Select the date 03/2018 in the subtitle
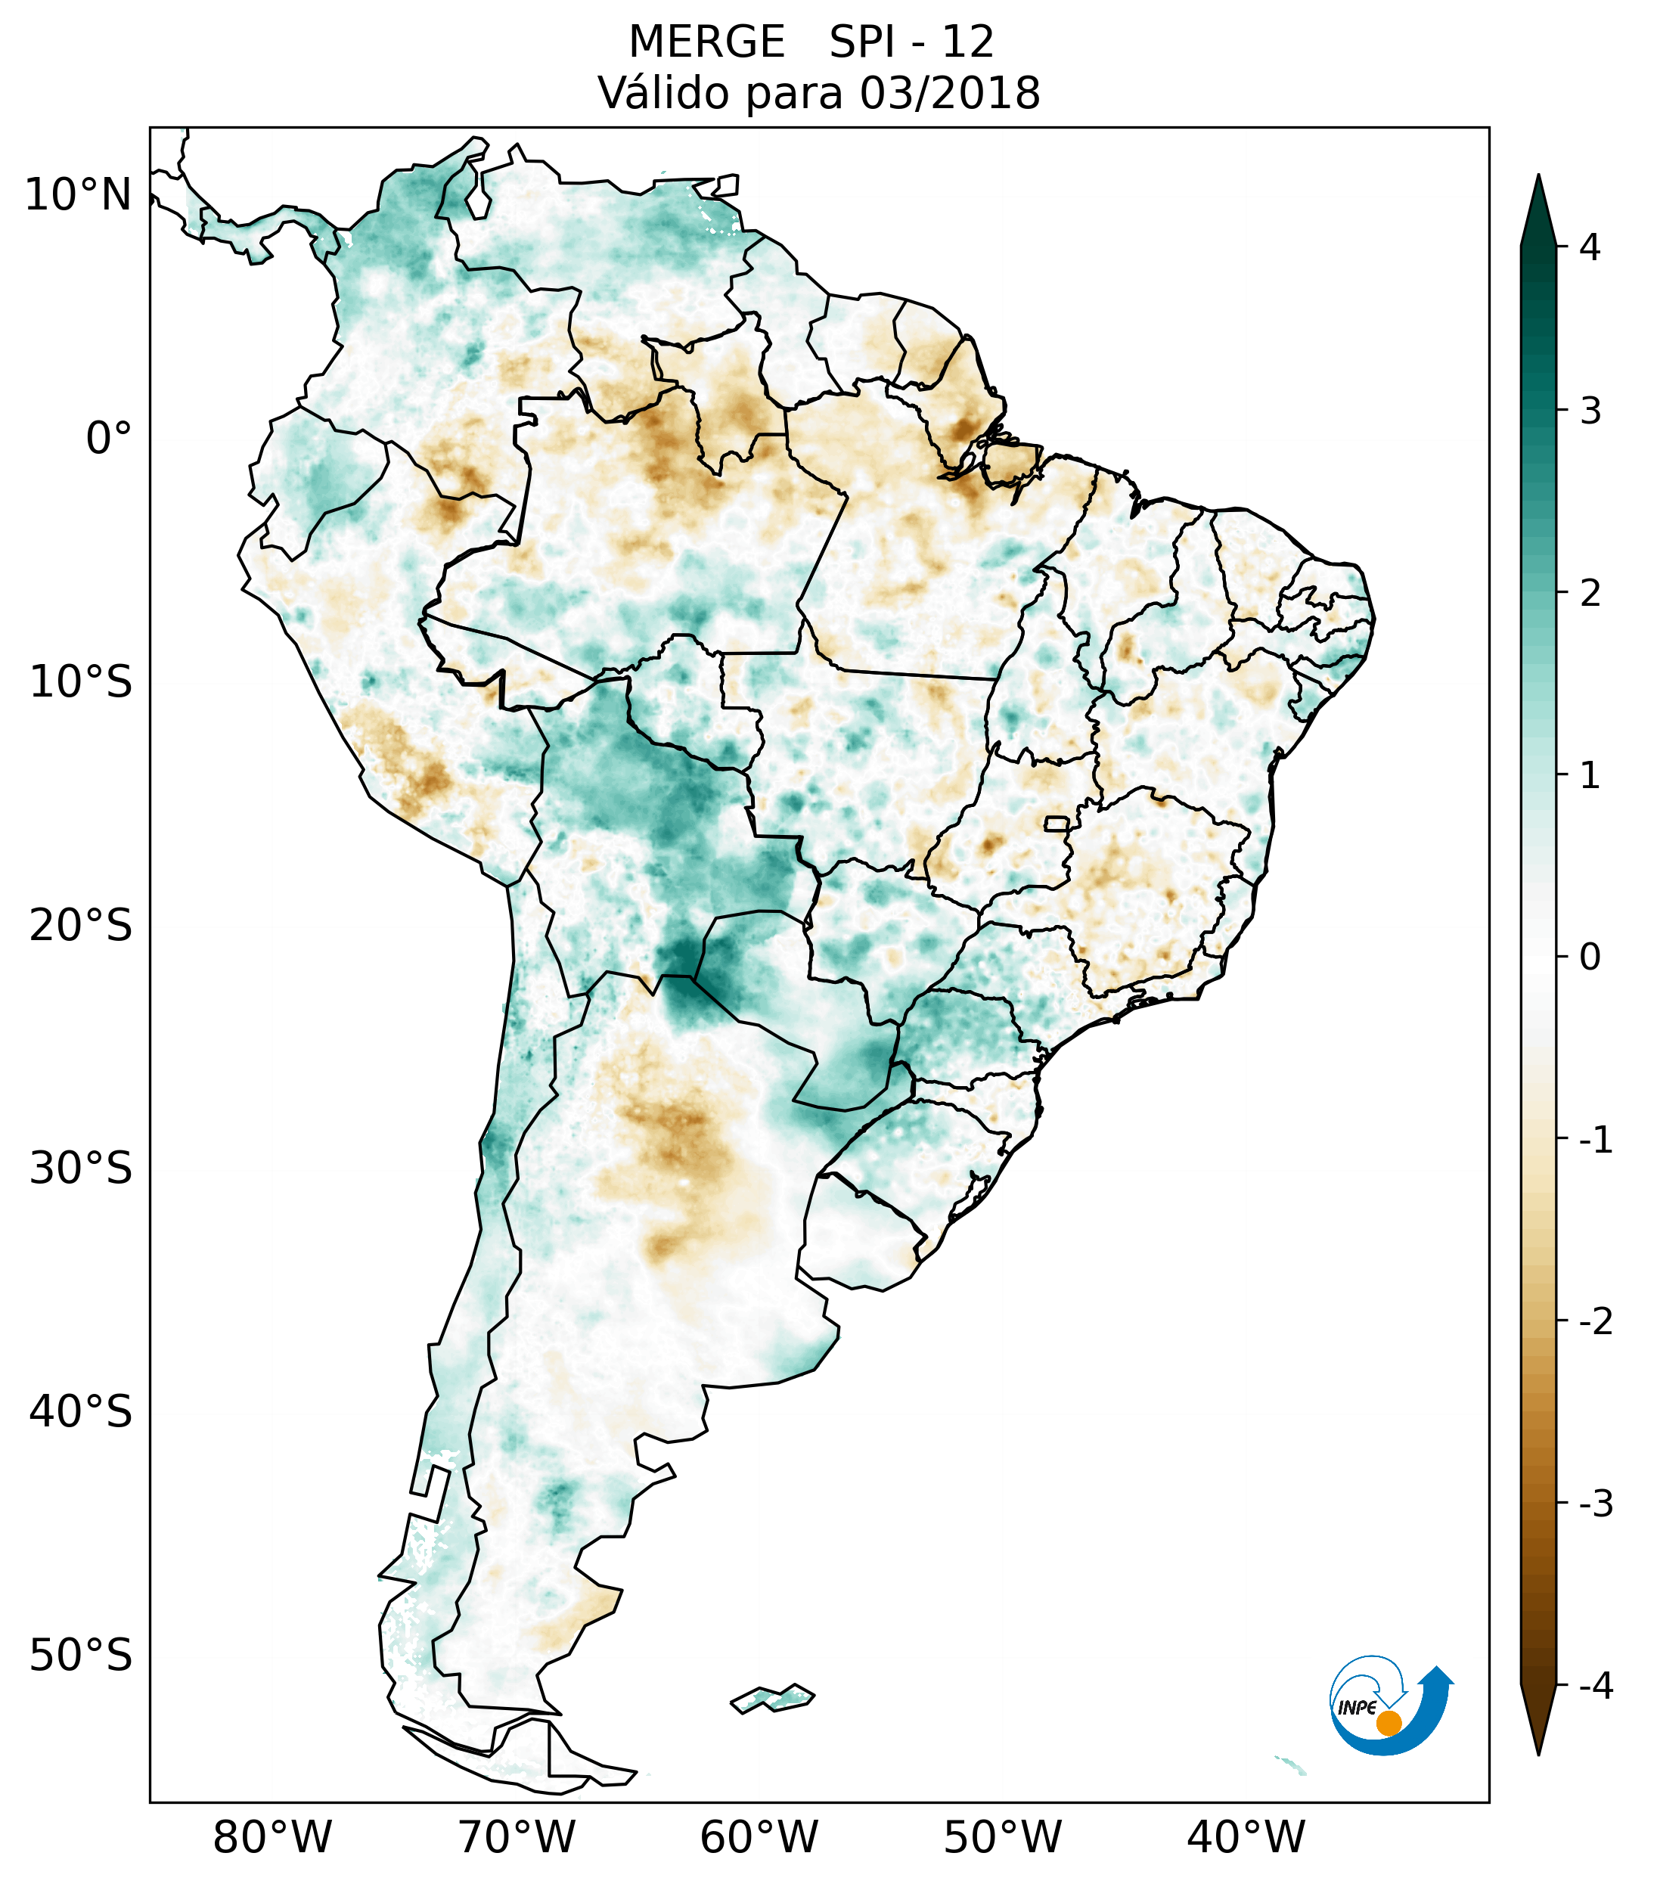[x=949, y=93]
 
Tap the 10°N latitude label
[x=77, y=195]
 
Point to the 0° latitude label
[x=108, y=439]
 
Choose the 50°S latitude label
[x=81, y=1656]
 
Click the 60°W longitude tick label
[x=759, y=1837]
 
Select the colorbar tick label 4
[x=1590, y=247]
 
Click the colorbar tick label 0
[x=1590, y=958]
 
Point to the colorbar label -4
[x=1595, y=1686]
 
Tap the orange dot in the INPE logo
[x=1388, y=1723]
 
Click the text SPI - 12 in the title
[x=911, y=42]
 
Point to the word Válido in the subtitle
[x=665, y=93]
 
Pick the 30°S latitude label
[x=81, y=1169]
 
